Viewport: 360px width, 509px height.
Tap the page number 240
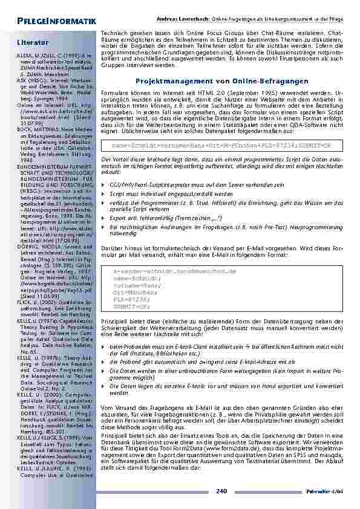(221, 491)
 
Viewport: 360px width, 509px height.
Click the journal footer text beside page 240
(329, 491)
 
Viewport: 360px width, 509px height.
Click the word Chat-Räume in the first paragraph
(315, 31)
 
